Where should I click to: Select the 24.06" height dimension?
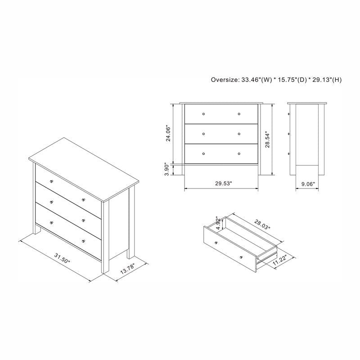[168, 133]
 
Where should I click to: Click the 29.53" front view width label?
[221, 184]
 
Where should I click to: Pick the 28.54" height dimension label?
[268, 139]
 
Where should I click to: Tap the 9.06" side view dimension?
[308, 184]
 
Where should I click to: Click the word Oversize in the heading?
[225, 80]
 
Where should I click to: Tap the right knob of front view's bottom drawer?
[239, 154]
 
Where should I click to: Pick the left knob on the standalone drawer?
[216, 243]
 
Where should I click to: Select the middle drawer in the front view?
[221, 134]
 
